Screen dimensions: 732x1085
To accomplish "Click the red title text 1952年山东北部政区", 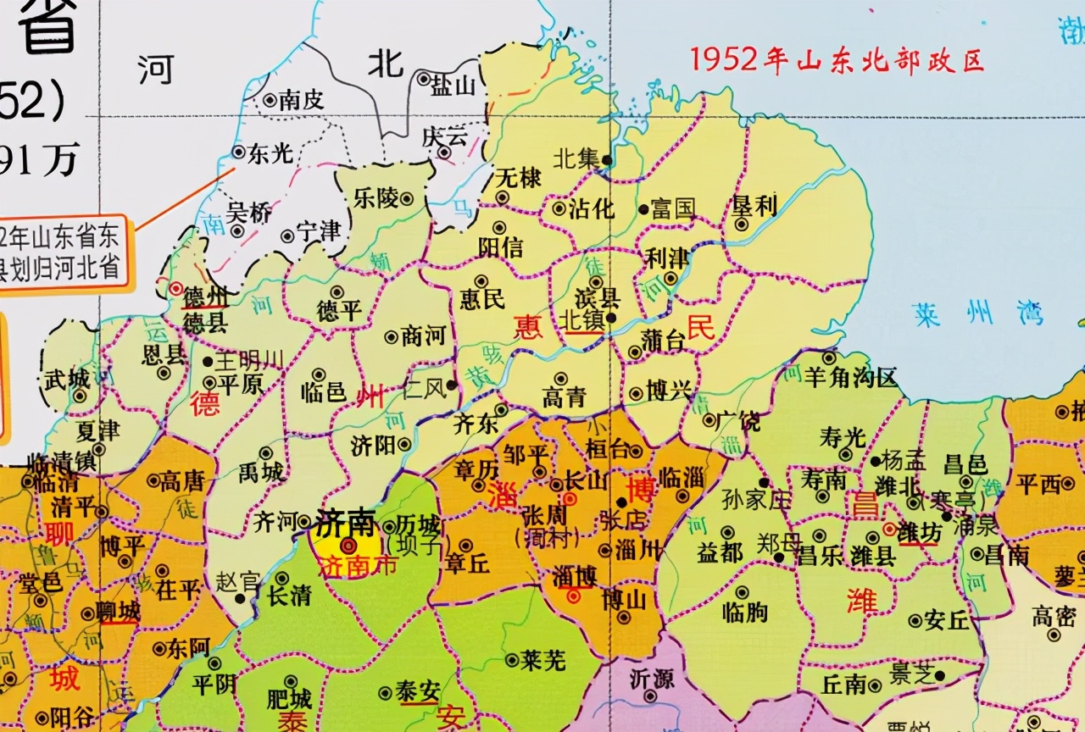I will (836, 59).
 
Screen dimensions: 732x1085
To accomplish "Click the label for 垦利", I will (754, 206).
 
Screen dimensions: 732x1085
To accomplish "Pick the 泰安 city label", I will (417, 692).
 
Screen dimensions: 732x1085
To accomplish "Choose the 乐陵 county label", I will (376, 198).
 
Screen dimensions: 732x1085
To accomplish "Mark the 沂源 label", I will (652, 679).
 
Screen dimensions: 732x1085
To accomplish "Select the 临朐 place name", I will (745, 611).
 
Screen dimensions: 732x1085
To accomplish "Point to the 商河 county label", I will (424, 336).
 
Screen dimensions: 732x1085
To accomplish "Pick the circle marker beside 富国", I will (643, 208).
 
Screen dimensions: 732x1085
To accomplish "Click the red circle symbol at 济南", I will (348, 546).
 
